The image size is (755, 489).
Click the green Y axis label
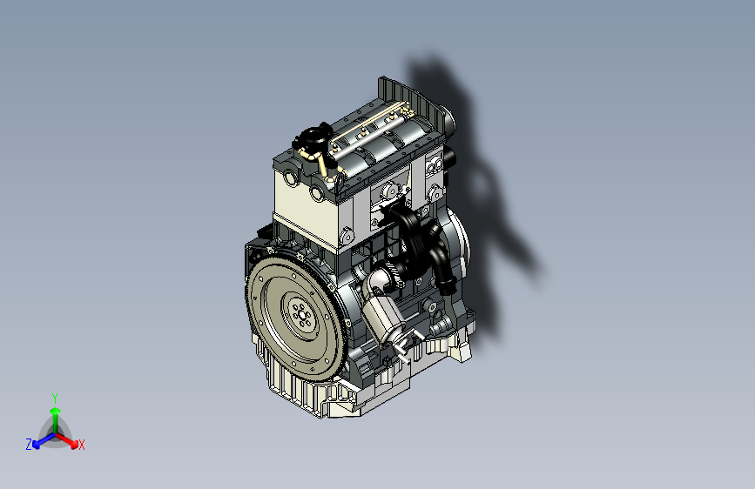(x=55, y=399)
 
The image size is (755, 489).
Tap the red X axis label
(x=81, y=445)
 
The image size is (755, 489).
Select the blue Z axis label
(x=29, y=445)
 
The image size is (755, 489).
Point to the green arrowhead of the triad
(x=56, y=412)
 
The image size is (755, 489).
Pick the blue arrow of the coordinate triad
(x=44, y=440)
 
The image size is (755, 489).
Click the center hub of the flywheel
(x=302, y=315)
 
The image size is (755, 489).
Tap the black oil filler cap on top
(x=313, y=137)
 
